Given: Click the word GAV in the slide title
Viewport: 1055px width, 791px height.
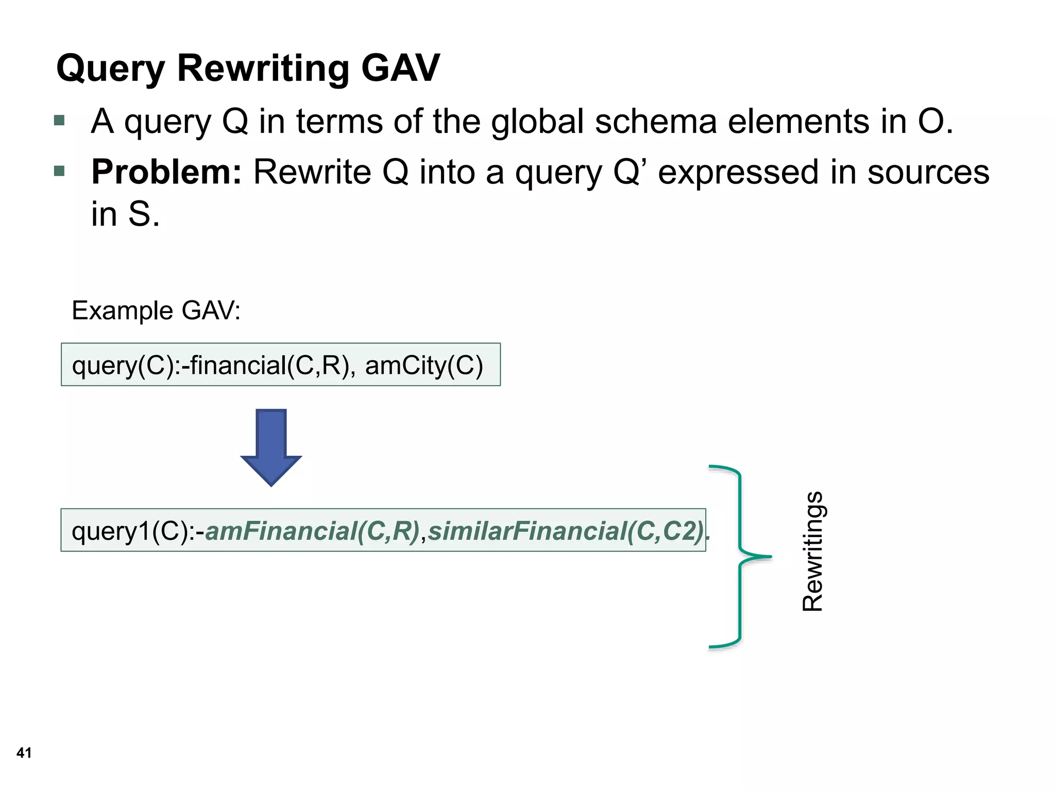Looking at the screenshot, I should point(400,68).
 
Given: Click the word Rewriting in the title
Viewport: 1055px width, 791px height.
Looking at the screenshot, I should point(263,69).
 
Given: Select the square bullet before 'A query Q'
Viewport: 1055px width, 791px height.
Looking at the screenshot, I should point(59,121).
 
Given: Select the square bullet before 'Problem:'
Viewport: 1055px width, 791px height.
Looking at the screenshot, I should point(59,171).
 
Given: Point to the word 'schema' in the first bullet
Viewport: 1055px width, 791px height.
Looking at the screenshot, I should point(656,122).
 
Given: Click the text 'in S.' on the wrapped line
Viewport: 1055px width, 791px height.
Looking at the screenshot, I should point(125,214).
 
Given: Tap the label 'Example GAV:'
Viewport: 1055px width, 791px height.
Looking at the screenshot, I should point(156,311).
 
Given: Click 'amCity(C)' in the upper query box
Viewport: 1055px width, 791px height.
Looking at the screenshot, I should point(424,366).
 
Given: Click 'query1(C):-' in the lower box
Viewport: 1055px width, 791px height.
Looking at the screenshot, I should point(138,531).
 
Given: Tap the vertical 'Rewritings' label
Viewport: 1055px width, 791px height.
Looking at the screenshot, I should point(813,551).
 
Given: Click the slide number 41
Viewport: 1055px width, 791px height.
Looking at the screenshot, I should point(24,753).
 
